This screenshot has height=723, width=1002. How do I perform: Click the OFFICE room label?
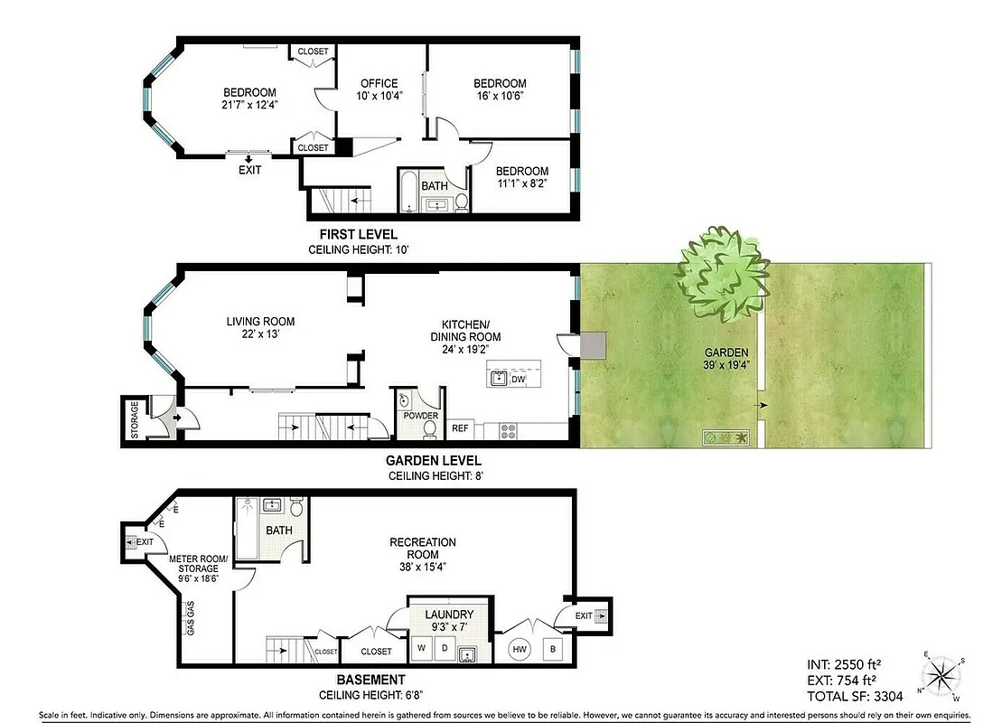(379, 83)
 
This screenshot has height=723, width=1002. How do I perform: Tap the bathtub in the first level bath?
(407, 192)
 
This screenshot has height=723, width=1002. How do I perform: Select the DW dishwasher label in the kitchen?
(518, 380)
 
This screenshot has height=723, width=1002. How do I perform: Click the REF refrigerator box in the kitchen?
(460, 428)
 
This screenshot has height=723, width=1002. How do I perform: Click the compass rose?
(941, 674)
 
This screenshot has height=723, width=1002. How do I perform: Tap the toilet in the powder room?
(430, 425)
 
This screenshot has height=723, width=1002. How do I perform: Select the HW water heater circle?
(520, 648)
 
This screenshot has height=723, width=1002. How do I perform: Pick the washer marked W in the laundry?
(421, 648)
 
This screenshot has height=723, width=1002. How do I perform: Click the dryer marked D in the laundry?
(444, 648)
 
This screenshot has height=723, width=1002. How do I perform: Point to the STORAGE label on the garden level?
(135, 419)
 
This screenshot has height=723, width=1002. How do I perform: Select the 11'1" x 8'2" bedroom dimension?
(521, 184)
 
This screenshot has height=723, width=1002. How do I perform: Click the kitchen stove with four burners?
(508, 430)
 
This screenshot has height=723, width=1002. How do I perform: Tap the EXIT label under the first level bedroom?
(249, 170)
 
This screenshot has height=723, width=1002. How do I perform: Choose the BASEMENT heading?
(359, 680)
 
